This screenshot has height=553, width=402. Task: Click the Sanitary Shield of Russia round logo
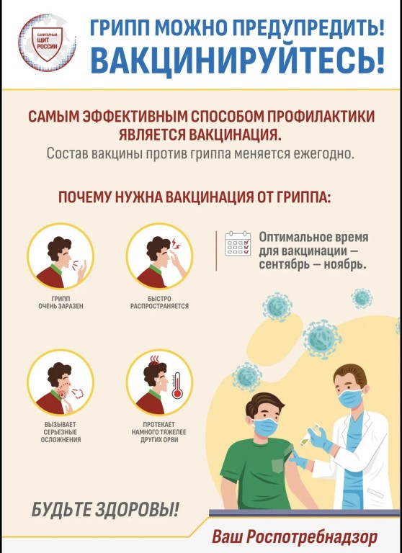47,42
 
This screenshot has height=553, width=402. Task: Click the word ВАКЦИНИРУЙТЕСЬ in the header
237,60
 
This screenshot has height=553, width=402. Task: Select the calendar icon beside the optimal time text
238,243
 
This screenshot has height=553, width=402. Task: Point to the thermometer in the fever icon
177,385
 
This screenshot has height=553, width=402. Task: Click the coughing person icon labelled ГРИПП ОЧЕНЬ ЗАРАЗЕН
61,256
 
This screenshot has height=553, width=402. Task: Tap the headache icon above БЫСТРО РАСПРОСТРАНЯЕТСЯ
159,256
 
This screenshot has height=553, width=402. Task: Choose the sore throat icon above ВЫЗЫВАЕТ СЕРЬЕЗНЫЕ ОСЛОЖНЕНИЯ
61,382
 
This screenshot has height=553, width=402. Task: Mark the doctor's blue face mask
350,397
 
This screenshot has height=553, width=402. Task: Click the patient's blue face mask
266,426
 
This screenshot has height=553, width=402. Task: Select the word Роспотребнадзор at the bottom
311,537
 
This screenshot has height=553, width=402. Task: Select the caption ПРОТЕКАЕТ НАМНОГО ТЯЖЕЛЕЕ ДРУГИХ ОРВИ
158,432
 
